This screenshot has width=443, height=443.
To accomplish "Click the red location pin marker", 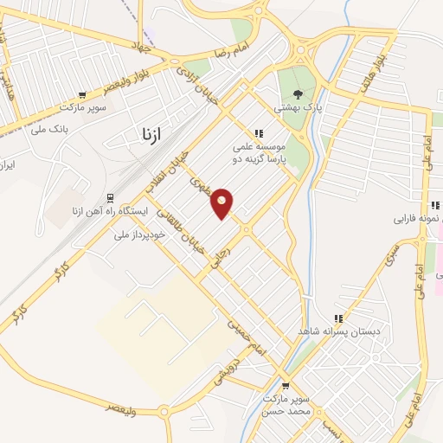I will click(x=222, y=203).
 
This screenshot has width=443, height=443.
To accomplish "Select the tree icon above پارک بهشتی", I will click(x=299, y=94).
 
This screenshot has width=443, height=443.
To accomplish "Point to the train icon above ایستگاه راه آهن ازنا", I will click(x=109, y=197).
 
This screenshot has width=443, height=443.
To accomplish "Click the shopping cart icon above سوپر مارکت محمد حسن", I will click(x=286, y=387).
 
